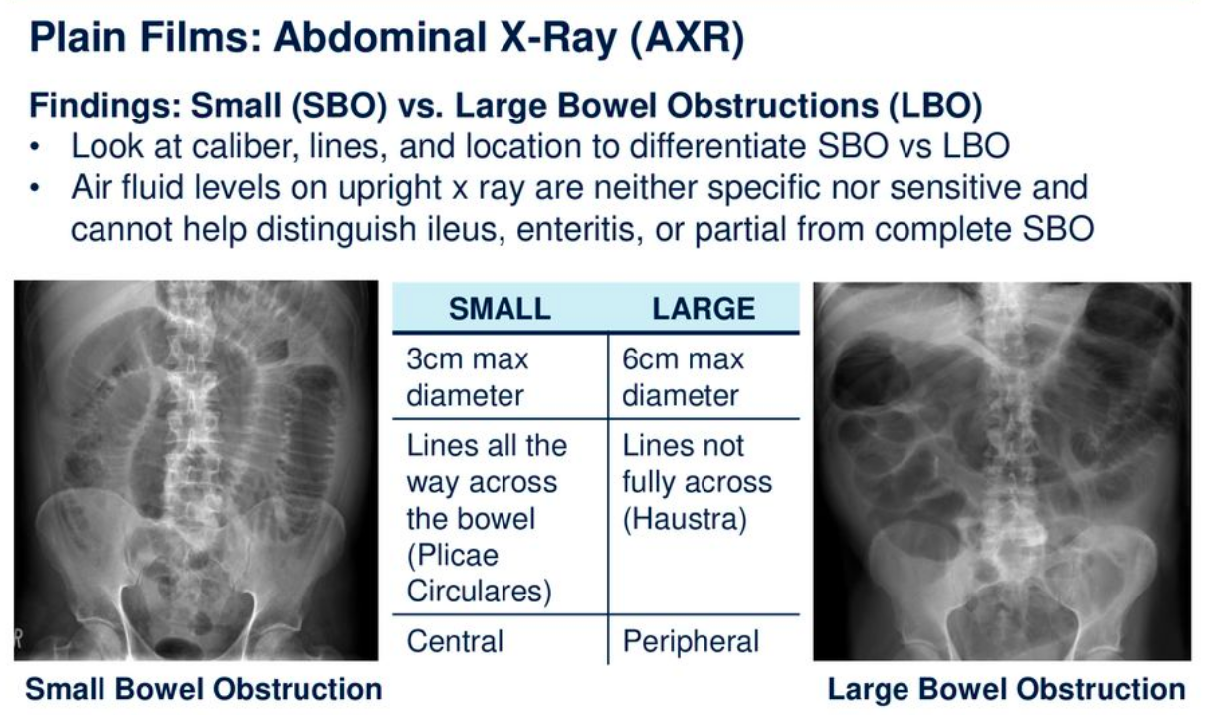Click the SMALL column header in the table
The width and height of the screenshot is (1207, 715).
tap(500, 308)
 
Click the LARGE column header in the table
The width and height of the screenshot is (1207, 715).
tap(703, 308)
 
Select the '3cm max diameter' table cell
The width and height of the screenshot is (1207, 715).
tap(467, 377)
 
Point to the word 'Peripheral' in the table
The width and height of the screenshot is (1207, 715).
tap(691, 642)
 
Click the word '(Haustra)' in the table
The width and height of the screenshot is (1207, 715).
tap(684, 520)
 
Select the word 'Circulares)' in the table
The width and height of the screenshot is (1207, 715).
tap(479, 592)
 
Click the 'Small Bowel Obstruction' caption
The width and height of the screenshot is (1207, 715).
tap(203, 689)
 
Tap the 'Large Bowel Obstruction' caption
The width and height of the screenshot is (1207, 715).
tap(1006, 689)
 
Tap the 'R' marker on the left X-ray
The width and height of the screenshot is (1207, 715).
tap(20, 633)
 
